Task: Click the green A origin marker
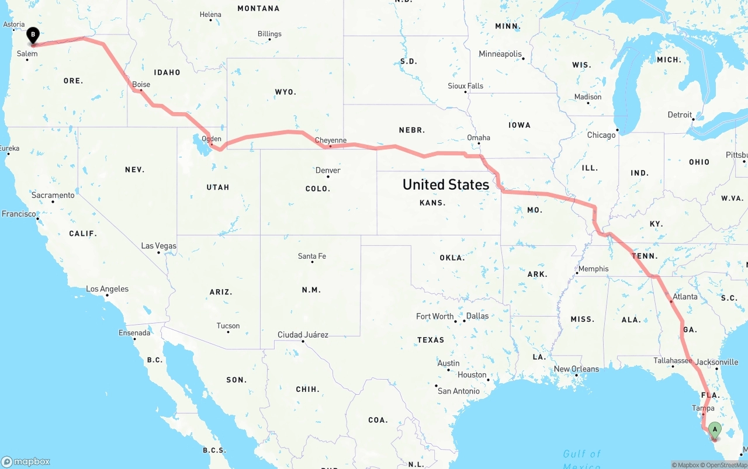714,430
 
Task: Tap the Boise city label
141,85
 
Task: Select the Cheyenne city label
331,140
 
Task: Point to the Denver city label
328,171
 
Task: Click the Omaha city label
479,138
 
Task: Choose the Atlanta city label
685,297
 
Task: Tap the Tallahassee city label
673,360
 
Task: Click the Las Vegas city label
158,246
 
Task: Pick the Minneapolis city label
500,54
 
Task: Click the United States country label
446,185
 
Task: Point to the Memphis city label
593,269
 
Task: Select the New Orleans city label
576,369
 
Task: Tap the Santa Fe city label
312,256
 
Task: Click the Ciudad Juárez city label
303,335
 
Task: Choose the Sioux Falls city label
466,86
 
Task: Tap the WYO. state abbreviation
285,92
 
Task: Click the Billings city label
269,34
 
